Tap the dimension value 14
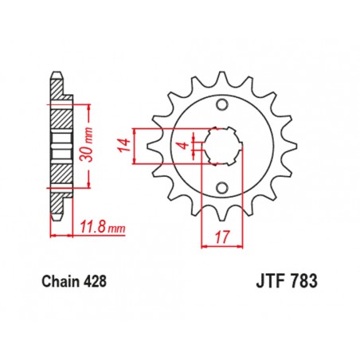click(123, 145)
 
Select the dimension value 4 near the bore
click(181, 145)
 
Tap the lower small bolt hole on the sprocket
click(222, 189)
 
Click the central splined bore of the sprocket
click(222, 145)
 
